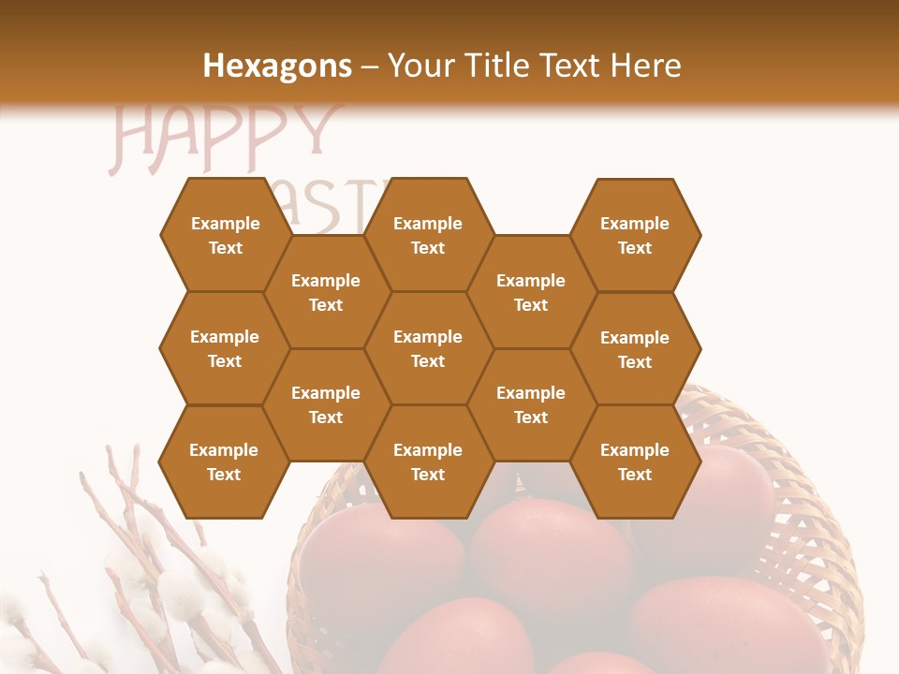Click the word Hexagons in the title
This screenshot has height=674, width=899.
(x=278, y=66)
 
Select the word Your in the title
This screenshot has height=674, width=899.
(x=420, y=66)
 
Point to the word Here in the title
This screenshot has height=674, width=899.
(x=645, y=66)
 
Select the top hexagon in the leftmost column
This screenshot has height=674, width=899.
(x=225, y=235)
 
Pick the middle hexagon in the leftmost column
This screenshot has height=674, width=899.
(x=225, y=348)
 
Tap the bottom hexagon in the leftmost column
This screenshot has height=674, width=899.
(x=224, y=462)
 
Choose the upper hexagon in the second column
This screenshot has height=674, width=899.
(x=326, y=292)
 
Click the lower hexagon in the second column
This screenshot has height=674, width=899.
(x=326, y=404)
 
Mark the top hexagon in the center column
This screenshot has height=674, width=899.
(x=428, y=235)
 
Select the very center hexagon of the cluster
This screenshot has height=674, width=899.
(x=428, y=348)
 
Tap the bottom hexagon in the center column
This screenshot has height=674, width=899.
(x=428, y=462)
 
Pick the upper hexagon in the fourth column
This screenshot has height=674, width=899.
(x=531, y=292)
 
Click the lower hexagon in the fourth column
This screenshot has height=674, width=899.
(x=531, y=404)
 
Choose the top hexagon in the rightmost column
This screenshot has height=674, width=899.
(x=635, y=235)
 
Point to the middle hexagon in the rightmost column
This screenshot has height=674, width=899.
(x=635, y=349)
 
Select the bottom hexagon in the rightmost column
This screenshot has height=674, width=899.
(x=635, y=462)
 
